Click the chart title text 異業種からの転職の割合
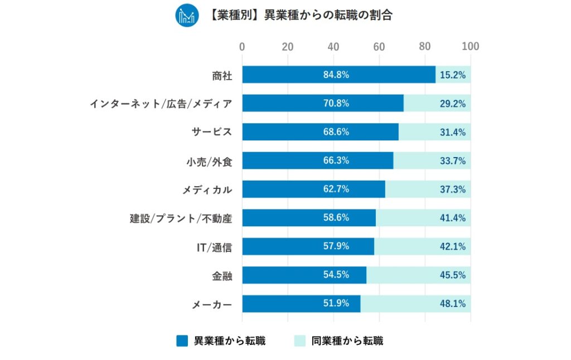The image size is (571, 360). click(x=301, y=16)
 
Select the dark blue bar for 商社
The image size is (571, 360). click(x=338, y=75)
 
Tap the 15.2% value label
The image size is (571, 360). click(x=452, y=75)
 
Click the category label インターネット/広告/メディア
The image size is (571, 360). click(x=161, y=104)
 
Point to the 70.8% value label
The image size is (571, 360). click(x=336, y=103)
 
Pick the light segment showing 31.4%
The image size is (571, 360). click(x=434, y=132)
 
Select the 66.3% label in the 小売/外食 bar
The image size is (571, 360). click(x=336, y=160)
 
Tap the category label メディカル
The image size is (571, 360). click(x=207, y=189)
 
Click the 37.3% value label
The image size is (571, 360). click(x=452, y=189)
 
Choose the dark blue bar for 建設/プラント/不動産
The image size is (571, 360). click(x=309, y=218)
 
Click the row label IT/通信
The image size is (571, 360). click(x=214, y=247)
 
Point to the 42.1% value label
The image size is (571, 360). click(x=452, y=246)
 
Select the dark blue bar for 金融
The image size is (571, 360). click(x=304, y=275)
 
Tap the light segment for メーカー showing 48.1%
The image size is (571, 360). click(x=415, y=304)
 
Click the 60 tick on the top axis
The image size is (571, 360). click(x=379, y=47)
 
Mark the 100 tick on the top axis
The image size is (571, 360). click(x=471, y=47)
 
